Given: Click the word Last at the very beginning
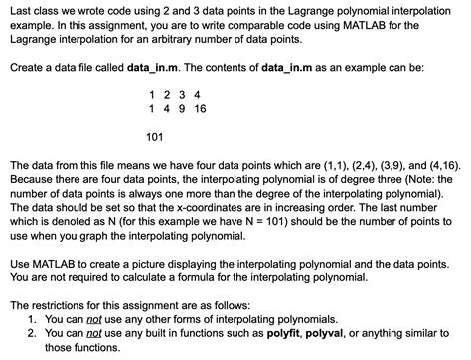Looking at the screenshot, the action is (x=19, y=9).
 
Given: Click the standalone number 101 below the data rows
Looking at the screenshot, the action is (x=155, y=136).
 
